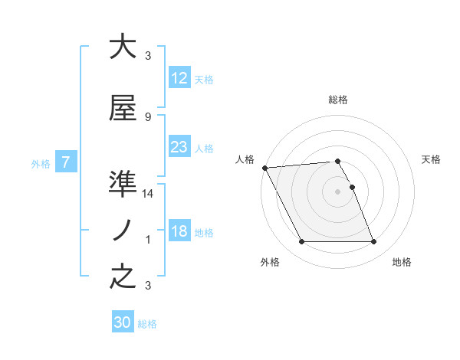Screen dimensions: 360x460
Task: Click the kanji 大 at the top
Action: point(123,47)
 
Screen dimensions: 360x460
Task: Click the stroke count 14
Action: point(148,194)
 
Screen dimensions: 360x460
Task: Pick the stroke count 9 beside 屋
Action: point(148,116)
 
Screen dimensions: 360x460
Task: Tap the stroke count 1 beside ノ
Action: point(148,240)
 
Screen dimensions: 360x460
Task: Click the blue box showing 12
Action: point(179,78)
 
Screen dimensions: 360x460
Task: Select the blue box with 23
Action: point(179,147)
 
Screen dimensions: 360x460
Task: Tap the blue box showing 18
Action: point(179,231)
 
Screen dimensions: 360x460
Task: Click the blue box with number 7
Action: point(66,162)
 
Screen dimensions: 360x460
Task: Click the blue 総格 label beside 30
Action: point(147,324)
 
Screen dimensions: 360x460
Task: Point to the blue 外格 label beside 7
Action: point(41,163)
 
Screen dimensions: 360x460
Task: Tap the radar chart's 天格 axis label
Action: point(431,159)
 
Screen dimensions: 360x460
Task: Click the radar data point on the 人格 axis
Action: point(264,168)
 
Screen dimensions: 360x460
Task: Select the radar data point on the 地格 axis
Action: point(373,242)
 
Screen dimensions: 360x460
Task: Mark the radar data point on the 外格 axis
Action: point(301,242)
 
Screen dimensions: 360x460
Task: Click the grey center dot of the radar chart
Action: point(337,191)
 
